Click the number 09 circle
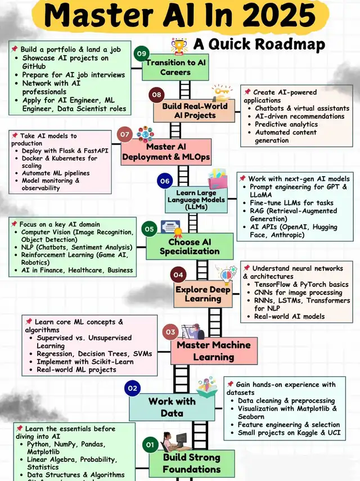tap(141, 54)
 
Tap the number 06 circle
tap(165, 181)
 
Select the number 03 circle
tap(170, 332)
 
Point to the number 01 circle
tap(150, 445)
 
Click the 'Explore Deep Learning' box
tap(202, 294)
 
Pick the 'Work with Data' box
tap(172, 407)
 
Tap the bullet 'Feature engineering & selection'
tap(289, 425)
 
